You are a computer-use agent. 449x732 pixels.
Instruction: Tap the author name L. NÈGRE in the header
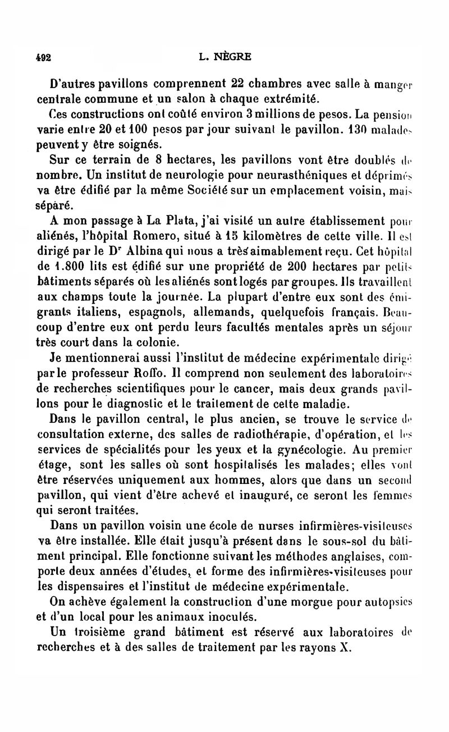coord(225,57)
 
